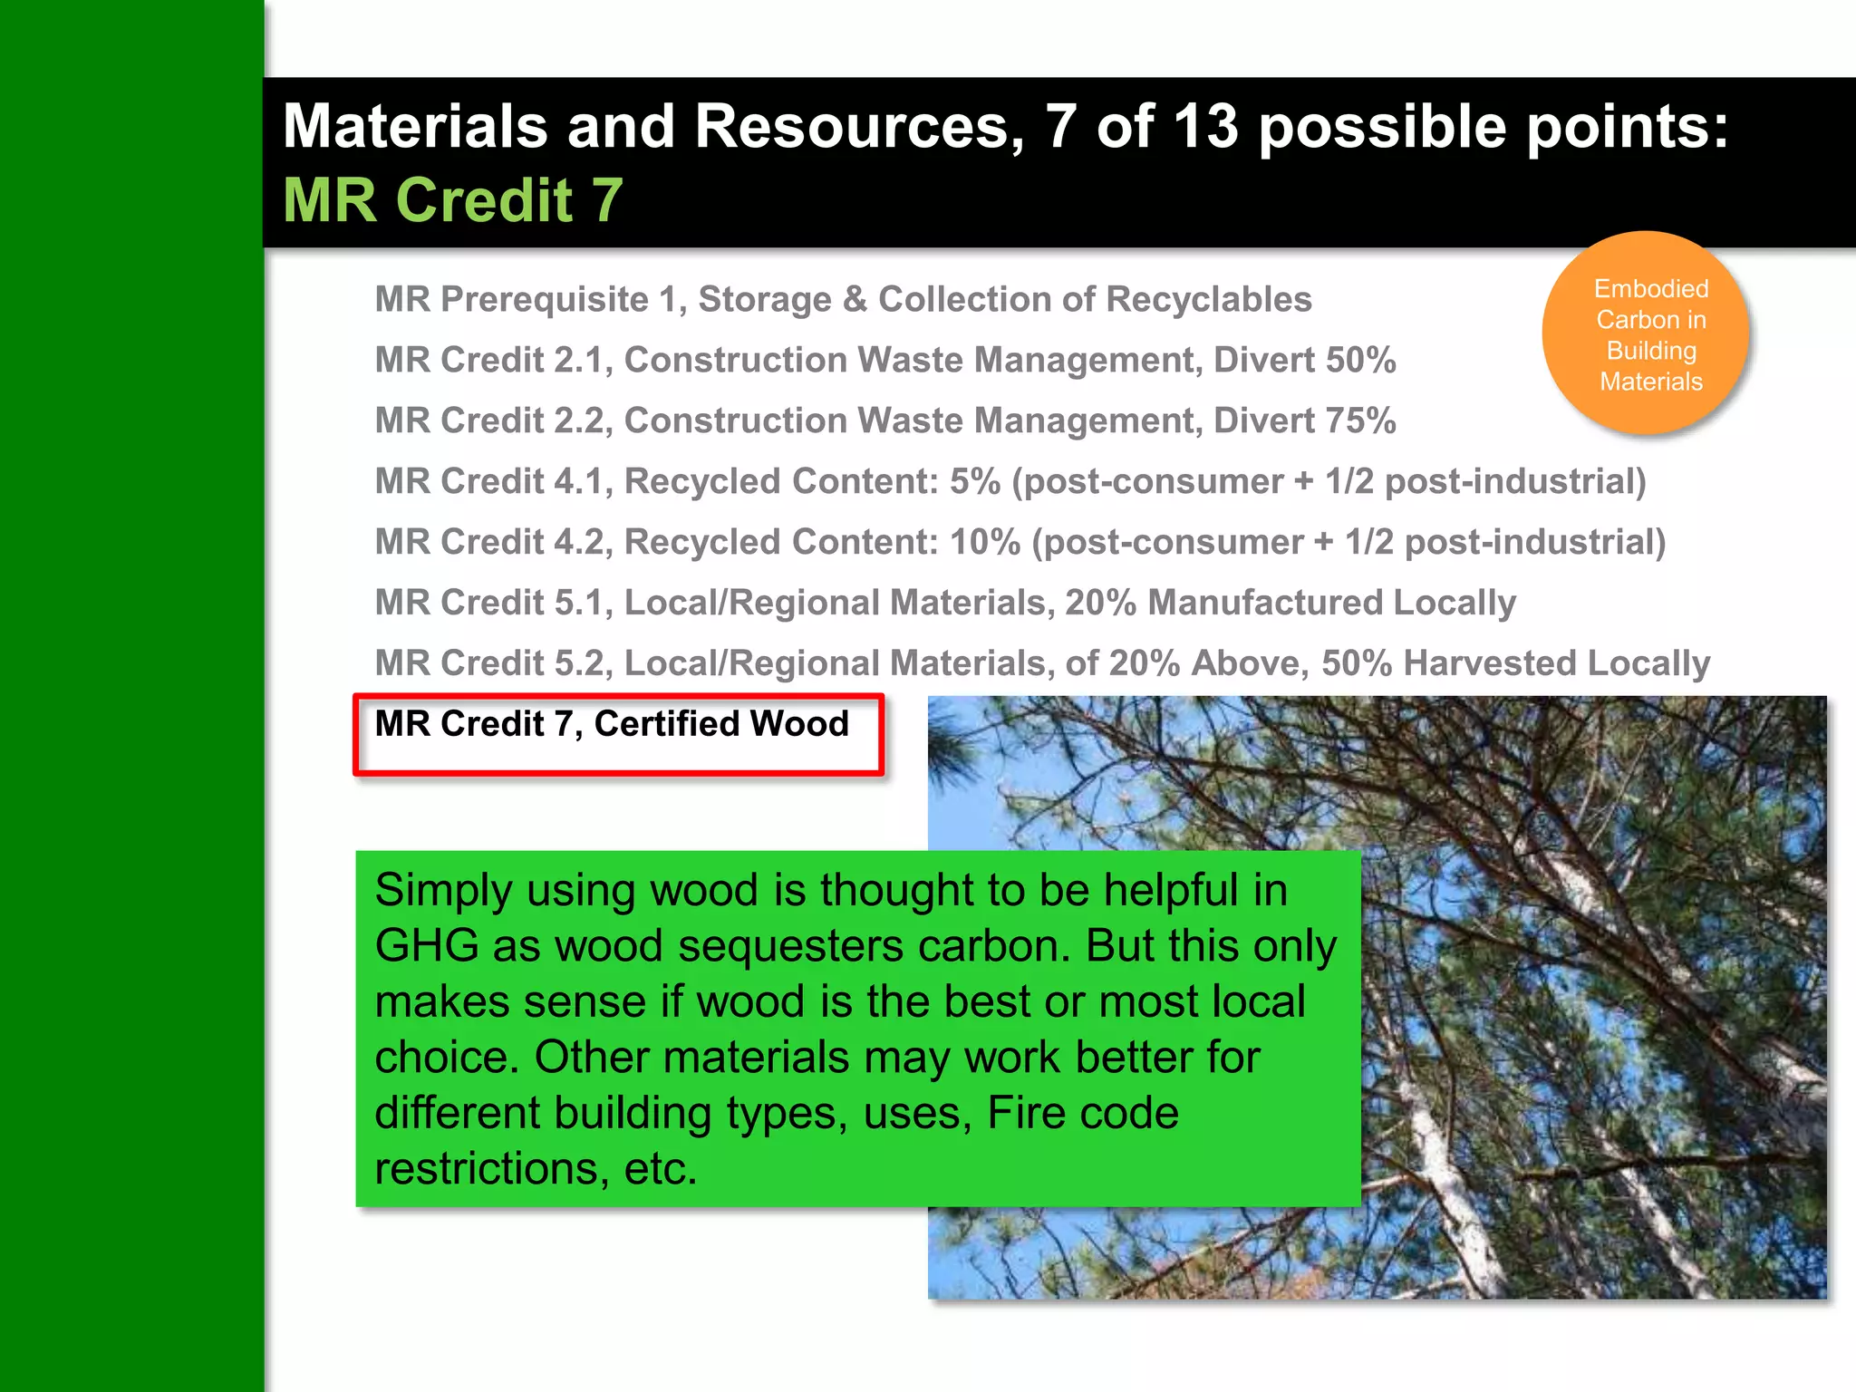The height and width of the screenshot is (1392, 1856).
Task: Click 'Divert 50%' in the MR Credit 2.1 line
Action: (1304, 361)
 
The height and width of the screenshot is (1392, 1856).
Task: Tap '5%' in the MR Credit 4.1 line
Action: (974, 482)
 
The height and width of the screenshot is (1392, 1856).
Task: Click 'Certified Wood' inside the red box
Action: (720, 724)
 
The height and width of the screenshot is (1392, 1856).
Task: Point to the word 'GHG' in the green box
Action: (426, 946)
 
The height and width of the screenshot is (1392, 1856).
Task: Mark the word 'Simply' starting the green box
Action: (442, 891)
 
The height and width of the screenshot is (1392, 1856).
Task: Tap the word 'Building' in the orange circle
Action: (1651, 351)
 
